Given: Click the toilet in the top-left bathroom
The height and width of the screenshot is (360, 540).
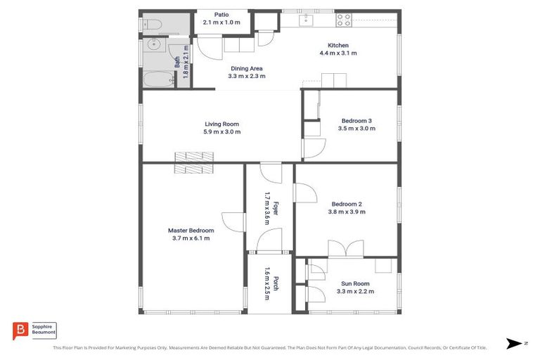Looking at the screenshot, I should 155,25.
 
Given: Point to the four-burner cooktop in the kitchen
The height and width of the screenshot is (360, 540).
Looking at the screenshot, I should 343,20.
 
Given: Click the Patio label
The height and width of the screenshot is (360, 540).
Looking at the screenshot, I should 221,14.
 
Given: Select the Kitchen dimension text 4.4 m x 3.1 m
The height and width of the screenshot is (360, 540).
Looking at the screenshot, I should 337,53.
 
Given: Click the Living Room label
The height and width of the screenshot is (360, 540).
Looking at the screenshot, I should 221,124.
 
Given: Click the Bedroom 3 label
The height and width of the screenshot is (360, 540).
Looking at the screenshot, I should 356,120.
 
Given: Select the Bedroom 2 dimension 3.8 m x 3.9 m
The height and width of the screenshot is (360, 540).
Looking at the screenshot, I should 346,212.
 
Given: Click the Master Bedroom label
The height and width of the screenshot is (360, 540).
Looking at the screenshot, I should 191,230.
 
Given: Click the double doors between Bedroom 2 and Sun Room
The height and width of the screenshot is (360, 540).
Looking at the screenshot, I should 345,248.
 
